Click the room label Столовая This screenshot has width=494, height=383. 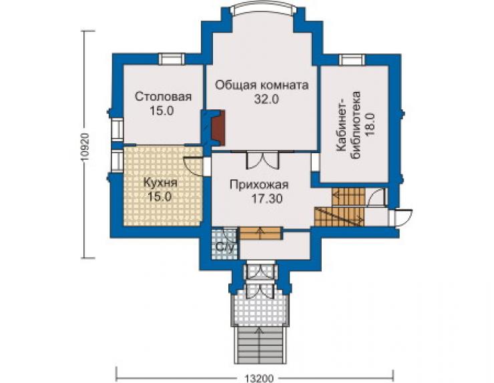click(163, 97)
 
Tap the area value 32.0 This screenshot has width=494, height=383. click(266, 100)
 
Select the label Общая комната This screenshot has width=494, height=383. click(262, 85)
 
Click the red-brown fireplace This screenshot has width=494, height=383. click(218, 128)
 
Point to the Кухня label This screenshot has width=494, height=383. click(160, 183)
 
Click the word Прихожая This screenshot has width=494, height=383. click(259, 185)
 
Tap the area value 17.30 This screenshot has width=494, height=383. click(267, 198)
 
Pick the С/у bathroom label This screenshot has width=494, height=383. click(226, 248)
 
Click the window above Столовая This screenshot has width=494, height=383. click(172, 59)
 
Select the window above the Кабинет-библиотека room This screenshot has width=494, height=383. click(352, 60)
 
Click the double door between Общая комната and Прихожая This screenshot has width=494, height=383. click(263, 161)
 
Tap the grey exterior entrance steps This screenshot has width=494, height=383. click(260, 345)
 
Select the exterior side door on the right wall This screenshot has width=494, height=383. click(401, 218)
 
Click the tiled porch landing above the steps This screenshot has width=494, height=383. click(260, 306)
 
